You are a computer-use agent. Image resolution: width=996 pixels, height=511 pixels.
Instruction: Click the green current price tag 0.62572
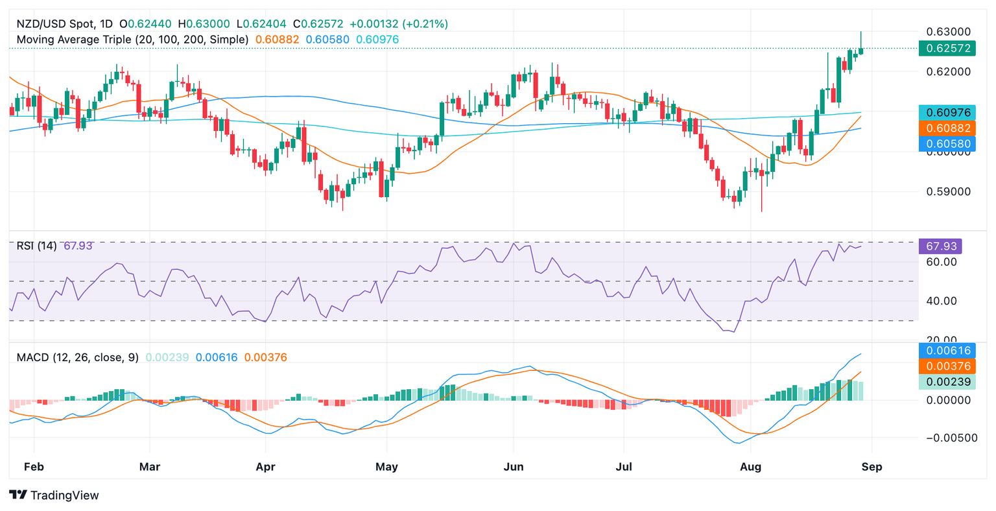947,48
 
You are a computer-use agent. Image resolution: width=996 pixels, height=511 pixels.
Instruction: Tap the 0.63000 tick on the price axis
947,31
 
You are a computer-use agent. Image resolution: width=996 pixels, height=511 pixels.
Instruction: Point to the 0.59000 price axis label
947,192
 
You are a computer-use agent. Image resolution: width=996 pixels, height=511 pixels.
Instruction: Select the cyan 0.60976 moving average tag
947,113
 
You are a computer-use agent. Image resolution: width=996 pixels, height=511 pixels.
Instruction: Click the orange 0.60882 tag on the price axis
947,128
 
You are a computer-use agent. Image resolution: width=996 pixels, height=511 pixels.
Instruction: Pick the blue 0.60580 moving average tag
947,144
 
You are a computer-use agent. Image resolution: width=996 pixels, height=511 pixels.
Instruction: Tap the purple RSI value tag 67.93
941,246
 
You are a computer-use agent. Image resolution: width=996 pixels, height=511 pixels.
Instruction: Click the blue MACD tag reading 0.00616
947,351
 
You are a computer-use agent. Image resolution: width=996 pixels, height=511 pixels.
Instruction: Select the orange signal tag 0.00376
947,366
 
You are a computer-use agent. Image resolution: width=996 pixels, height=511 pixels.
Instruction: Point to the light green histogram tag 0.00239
947,382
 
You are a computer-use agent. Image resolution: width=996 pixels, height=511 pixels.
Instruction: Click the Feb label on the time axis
33,466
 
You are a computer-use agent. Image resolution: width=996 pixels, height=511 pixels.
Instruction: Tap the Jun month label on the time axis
513,466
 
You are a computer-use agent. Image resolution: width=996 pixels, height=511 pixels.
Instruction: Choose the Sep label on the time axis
871,466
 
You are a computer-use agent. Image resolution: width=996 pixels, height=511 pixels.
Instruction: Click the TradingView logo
54,495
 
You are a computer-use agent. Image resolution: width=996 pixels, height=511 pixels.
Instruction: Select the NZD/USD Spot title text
56,24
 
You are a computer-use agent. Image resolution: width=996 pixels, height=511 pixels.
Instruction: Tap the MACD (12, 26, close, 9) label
78,357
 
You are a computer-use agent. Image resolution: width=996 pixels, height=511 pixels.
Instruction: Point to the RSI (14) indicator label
36,246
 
